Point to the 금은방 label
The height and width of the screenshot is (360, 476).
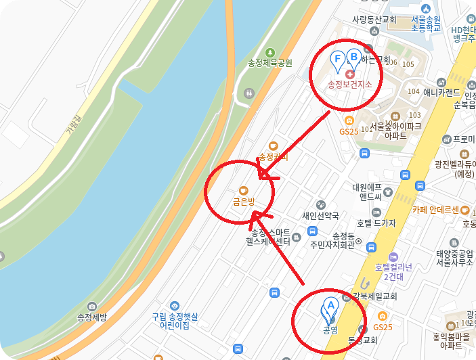pyautogui.click(x=244, y=202)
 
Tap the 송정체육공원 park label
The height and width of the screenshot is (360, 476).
pyautogui.click(x=270, y=63)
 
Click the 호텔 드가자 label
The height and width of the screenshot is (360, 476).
pyautogui.click(x=376, y=223)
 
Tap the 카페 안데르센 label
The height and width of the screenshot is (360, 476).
pyautogui.click(x=436, y=209)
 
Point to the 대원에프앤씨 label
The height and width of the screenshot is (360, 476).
pyautogui.click(x=371, y=192)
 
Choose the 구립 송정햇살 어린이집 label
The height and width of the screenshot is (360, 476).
pyautogui.click(x=175, y=320)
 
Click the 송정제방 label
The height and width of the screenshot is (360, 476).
pyautogui.click(x=92, y=317)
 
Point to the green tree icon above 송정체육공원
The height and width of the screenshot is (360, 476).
pyautogui.click(x=270, y=52)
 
